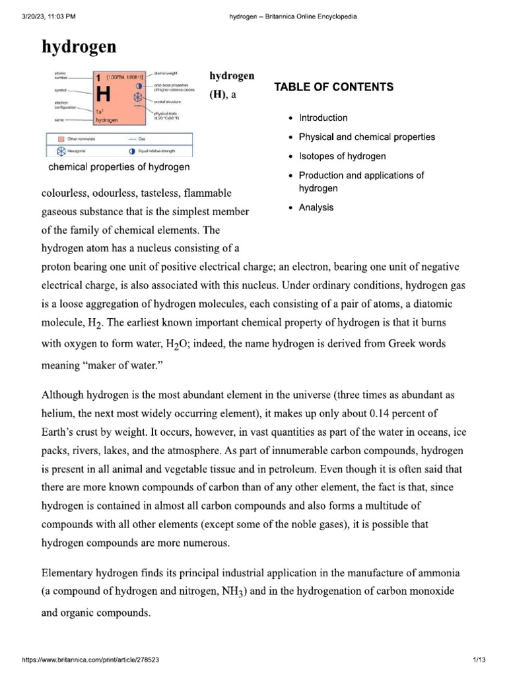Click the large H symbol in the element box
(x=102, y=94)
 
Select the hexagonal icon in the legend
(x=61, y=151)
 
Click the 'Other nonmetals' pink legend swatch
(x=61, y=139)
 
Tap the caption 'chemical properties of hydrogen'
(x=119, y=167)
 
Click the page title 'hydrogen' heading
(x=79, y=46)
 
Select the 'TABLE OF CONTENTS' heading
(x=334, y=87)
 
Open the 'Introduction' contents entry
(x=323, y=118)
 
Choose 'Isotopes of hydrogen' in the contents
(x=342, y=156)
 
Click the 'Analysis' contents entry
(x=316, y=207)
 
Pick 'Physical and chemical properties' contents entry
(x=367, y=137)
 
